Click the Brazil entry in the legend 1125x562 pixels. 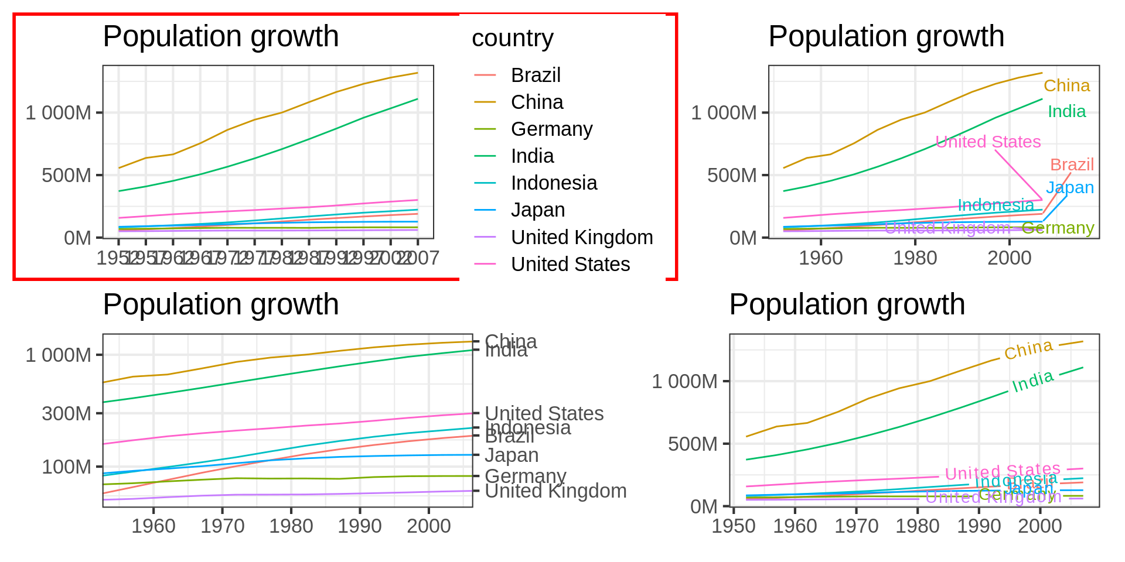pyautogui.click(x=535, y=76)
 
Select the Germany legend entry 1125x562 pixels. pyautogui.click(x=551, y=129)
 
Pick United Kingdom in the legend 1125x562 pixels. pyautogui.click(x=581, y=238)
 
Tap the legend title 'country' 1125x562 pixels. pyautogui.click(x=512, y=39)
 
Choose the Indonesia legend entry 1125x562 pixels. pyautogui.click(x=553, y=183)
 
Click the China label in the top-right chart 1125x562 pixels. pyautogui.click(x=1066, y=86)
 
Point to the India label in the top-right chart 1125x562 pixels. pyautogui.click(x=1066, y=112)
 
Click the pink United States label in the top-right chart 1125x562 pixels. pyautogui.click(x=988, y=142)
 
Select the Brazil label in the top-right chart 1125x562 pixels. pyautogui.click(x=1072, y=165)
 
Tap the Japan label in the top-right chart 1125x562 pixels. pyautogui.click(x=1070, y=187)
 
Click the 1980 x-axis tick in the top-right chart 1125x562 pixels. pyautogui.click(x=915, y=258)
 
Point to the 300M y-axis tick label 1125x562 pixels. pyautogui.click(x=66, y=414)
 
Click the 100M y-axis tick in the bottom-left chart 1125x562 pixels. pyautogui.click(x=66, y=467)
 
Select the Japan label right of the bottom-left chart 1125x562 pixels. pyautogui.click(x=512, y=455)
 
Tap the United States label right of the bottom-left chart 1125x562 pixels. pyautogui.click(x=544, y=414)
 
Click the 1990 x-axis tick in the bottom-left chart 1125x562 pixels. pyautogui.click(x=360, y=526)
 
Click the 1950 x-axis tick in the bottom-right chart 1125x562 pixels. pyautogui.click(x=734, y=526)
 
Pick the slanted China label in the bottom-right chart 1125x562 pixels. pyautogui.click(x=1028, y=349)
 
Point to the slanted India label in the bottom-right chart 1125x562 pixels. pyautogui.click(x=1032, y=381)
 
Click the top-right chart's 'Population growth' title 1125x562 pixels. pyautogui.click(x=886, y=36)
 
